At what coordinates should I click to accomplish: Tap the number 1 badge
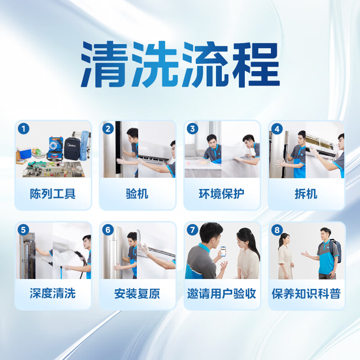click(23, 129)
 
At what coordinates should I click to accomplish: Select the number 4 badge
click(277, 129)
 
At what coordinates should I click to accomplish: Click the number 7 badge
click(193, 230)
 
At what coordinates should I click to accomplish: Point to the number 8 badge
click(277, 230)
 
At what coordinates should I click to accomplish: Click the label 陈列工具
click(53, 194)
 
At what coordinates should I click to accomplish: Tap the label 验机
click(137, 194)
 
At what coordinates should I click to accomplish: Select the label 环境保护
click(222, 194)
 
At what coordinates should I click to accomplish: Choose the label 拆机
click(306, 194)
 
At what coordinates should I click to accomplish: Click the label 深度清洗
click(53, 294)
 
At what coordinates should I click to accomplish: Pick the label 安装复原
click(137, 294)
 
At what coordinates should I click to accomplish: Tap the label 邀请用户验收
click(222, 294)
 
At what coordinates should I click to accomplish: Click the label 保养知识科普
click(306, 294)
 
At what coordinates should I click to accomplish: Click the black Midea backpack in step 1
click(72, 148)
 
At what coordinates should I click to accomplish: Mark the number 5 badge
click(23, 230)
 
